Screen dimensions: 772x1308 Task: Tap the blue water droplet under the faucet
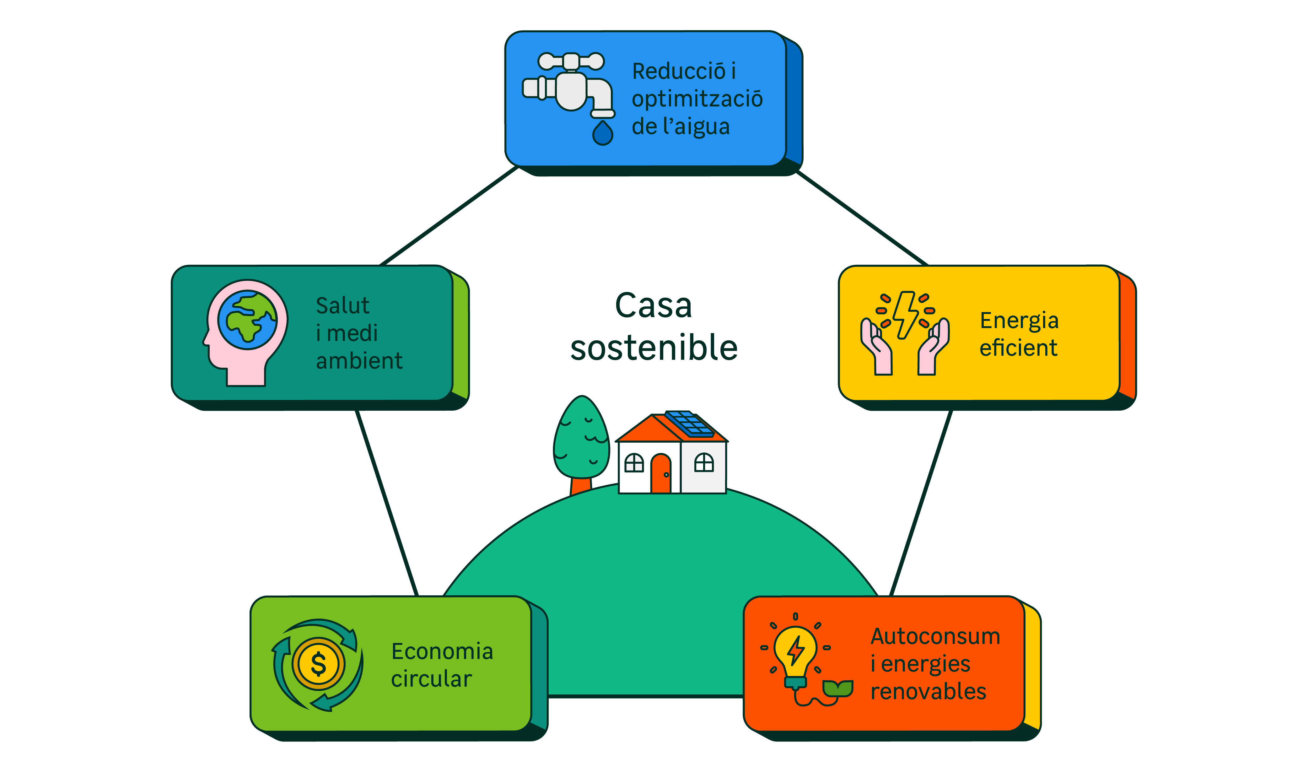click(x=603, y=133)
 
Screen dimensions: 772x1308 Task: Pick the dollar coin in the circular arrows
click(x=318, y=664)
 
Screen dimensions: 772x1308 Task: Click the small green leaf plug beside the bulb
click(x=837, y=688)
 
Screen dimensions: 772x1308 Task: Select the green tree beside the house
click(x=581, y=440)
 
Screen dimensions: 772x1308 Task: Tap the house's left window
click(x=634, y=462)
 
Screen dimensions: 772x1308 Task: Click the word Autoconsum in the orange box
click(x=935, y=636)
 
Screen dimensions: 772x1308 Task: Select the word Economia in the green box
click(x=442, y=651)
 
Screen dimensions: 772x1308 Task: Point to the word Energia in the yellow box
click(x=1019, y=321)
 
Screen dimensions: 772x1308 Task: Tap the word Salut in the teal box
click(x=342, y=305)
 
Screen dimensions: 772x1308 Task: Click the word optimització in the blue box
click(x=697, y=99)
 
